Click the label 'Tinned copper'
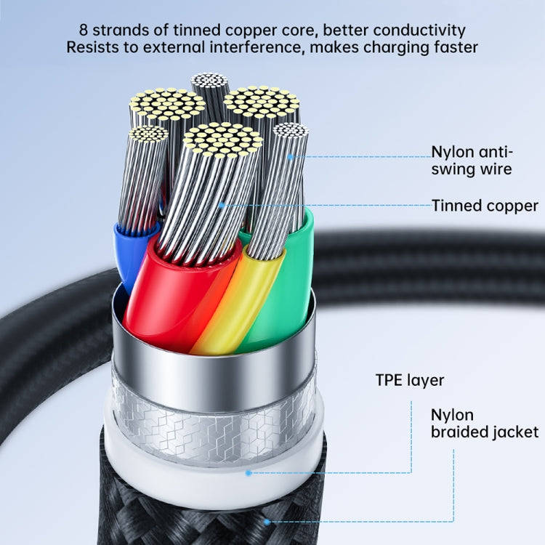[x=485, y=206]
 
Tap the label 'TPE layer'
[x=410, y=380]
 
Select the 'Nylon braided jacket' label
[x=485, y=424]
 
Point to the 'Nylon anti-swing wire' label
[x=472, y=161]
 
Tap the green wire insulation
[x=287, y=291]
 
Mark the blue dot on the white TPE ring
[x=249, y=472]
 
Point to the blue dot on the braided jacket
[x=267, y=522]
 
